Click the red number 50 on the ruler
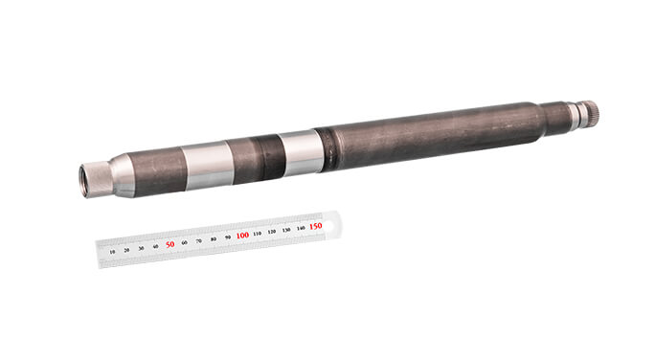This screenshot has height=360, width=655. coord(170,244)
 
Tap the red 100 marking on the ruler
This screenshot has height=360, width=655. coord(242,236)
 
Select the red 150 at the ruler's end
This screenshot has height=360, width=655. coord(315,226)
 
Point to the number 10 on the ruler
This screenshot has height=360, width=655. coord(113,252)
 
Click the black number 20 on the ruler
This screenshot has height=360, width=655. coord(127,250)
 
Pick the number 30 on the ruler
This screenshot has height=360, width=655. coord(142,248)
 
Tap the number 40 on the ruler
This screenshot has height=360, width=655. coord(156,246)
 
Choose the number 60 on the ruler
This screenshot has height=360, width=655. coord(185,242)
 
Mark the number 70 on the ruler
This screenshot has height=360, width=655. coord(199,240)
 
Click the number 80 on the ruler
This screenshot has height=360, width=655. coord(214,238)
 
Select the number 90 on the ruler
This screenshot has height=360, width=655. coord(228,236)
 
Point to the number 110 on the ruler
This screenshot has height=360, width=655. coord(258,233)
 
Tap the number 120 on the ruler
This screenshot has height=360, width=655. coord(272,231)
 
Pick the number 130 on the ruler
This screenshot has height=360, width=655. coord(286,229)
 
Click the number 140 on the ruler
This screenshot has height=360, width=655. coord(301,227)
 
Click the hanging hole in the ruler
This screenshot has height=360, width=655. coord(330,224)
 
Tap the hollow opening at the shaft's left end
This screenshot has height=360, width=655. coord(84,180)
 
